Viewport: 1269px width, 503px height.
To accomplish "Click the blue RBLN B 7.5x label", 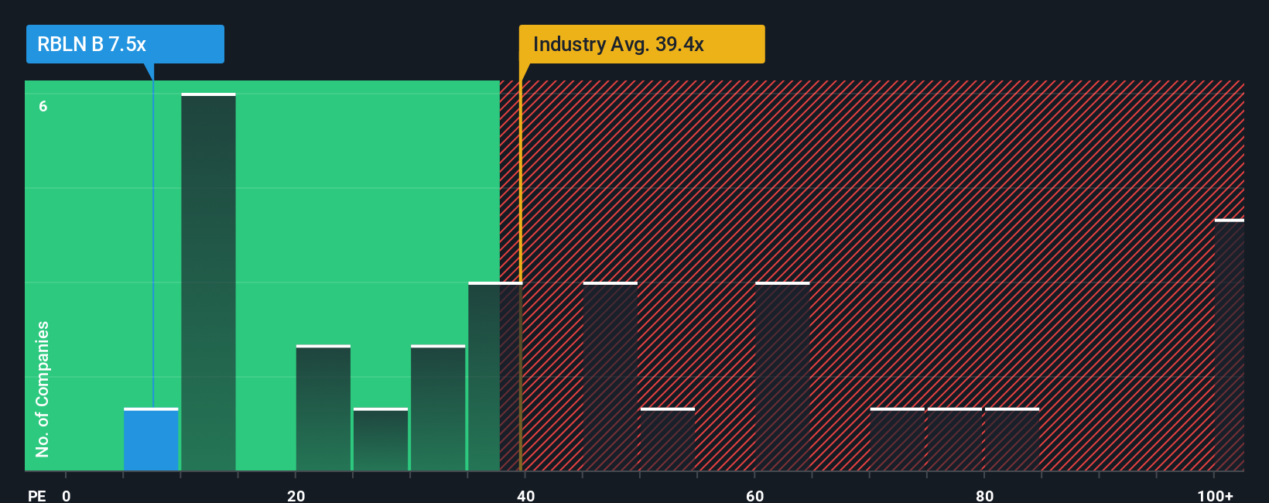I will (125, 44).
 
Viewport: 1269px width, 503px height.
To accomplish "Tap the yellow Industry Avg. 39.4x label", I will (641, 44).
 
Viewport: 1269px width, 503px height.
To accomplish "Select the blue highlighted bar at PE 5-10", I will (151, 440).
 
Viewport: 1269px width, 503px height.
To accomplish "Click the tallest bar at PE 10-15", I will (208, 282).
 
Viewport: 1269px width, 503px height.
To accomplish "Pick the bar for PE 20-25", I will (323, 408).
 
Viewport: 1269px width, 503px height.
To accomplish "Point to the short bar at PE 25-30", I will (381, 440).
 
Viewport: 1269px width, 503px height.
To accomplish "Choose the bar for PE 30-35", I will (438, 408).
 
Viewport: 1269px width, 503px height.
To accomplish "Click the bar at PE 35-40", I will (495, 377).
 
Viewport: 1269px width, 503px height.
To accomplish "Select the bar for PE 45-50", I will (611, 377).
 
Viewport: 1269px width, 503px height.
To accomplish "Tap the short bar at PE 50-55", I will (668, 440).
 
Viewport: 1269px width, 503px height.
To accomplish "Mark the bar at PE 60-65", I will (782, 377).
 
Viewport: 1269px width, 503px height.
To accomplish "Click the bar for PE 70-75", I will (898, 440).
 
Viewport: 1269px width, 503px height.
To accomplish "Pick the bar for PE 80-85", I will (1012, 440).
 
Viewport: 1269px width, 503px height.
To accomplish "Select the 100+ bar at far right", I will (1230, 345).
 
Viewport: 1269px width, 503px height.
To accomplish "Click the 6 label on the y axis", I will (43, 107).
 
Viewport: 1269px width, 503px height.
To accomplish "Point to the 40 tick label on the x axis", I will (525, 495).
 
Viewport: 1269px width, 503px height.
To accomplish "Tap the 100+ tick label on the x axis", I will (1215, 495).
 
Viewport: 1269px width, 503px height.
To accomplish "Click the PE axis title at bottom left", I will (37, 495).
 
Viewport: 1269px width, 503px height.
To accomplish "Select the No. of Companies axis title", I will (43, 388).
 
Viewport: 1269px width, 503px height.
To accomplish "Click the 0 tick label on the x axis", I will (67, 495).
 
